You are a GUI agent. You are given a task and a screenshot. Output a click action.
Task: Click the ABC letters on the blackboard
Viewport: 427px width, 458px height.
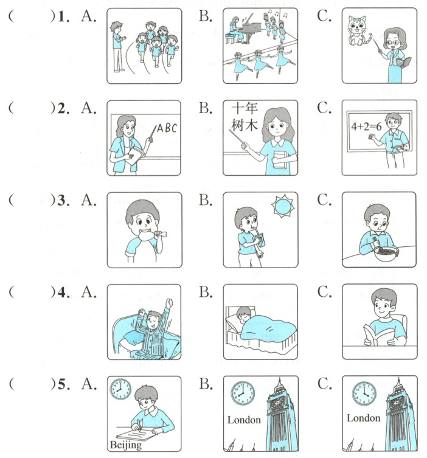[x=167, y=128]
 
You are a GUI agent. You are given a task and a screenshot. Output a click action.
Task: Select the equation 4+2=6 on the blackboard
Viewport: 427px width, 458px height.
[x=366, y=127]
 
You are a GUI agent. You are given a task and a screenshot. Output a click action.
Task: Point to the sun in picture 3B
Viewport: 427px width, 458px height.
[x=282, y=207]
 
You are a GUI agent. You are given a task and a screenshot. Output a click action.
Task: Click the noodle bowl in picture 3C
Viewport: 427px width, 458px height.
[x=386, y=254]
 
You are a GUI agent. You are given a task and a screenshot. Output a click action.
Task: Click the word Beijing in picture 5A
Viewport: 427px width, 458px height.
[x=125, y=445]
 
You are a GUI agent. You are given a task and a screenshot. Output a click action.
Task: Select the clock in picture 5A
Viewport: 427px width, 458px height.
[x=120, y=389]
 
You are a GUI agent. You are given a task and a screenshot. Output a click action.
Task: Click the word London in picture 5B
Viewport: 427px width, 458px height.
[x=244, y=420]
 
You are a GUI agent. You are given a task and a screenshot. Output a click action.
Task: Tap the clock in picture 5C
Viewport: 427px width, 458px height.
[x=364, y=394]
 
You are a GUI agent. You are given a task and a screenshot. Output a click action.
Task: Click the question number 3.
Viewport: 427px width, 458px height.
[x=62, y=200]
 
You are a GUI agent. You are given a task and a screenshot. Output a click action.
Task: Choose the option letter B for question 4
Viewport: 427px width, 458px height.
[x=206, y=292]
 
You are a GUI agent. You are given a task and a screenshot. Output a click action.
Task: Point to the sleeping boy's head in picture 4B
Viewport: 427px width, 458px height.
[x=243, y=314]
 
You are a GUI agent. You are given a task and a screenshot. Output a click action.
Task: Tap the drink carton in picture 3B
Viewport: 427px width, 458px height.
[x=259, y=240]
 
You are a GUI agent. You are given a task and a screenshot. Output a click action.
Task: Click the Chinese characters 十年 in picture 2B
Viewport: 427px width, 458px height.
[x=244, y=108]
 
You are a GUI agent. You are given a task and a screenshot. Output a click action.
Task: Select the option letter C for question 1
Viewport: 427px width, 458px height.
[x=324, y=16]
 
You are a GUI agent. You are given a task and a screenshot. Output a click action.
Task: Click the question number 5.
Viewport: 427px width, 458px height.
[x=63, y=384]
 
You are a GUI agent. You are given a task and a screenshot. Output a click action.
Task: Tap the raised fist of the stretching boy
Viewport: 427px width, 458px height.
[x=169, y=302]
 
